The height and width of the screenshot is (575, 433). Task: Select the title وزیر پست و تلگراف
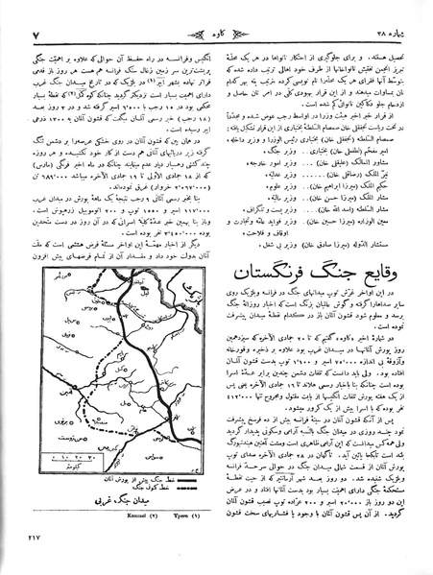point(281,218)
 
